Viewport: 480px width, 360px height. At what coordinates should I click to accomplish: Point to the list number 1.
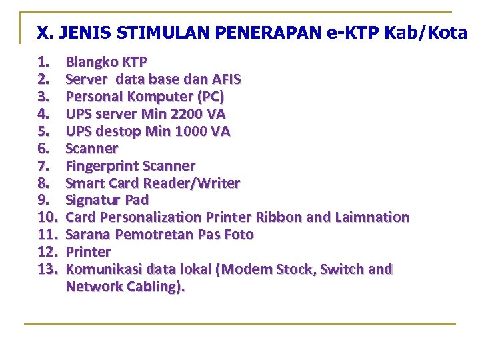click(x=43, y=63)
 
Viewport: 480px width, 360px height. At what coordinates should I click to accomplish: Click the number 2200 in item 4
click(x=179, y=115)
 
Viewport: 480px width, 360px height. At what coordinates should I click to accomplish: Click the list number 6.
click(x=43, y=149)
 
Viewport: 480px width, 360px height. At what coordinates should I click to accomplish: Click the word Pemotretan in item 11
click(x=151, y=235)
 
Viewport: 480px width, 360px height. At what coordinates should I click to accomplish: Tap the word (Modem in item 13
click(x=246, y=269)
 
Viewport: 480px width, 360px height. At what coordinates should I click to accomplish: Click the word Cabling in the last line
click(x=155, y=287)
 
